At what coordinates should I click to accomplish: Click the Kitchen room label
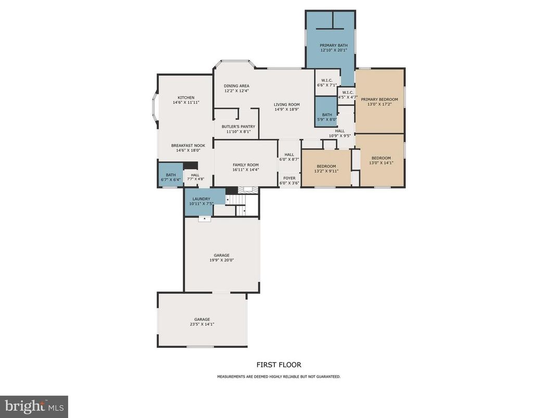tap(186, 98)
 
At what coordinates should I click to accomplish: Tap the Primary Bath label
tap(333, 46)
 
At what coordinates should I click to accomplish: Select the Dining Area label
tap(236, 86)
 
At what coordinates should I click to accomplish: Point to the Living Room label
tap(287, 104)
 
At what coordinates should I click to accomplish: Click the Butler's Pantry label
tap(238, 126)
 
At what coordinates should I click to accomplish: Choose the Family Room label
tap(245, 165)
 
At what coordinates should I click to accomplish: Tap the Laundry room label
tap(201, 199)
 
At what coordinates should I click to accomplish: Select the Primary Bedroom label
tap(379, 99)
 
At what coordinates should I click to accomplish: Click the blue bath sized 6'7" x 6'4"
tap(170, 177)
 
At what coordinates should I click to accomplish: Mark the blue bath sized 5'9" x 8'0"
tap(326, 117)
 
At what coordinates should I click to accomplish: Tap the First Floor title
tap(278, 365)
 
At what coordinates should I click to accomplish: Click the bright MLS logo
tap(34, 406)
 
